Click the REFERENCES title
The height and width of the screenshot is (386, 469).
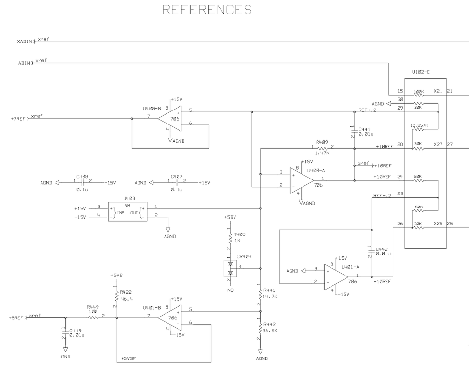(207, 10)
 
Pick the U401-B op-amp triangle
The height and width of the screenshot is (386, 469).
(169, 317)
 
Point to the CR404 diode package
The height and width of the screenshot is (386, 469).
(230, 268)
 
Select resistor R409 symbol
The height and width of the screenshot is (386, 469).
(322, 148)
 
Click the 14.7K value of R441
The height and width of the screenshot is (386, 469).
(270, 296)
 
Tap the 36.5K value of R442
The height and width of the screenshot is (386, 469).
(270, 331)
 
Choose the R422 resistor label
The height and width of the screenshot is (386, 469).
(126, 292)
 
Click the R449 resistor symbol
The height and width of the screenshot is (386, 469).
(93, 317)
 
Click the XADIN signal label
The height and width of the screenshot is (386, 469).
(25, 42)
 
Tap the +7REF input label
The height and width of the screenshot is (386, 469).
(19, 118)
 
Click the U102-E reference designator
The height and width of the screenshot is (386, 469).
(421, 72)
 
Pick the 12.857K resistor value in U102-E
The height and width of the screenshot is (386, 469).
(418, 125)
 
